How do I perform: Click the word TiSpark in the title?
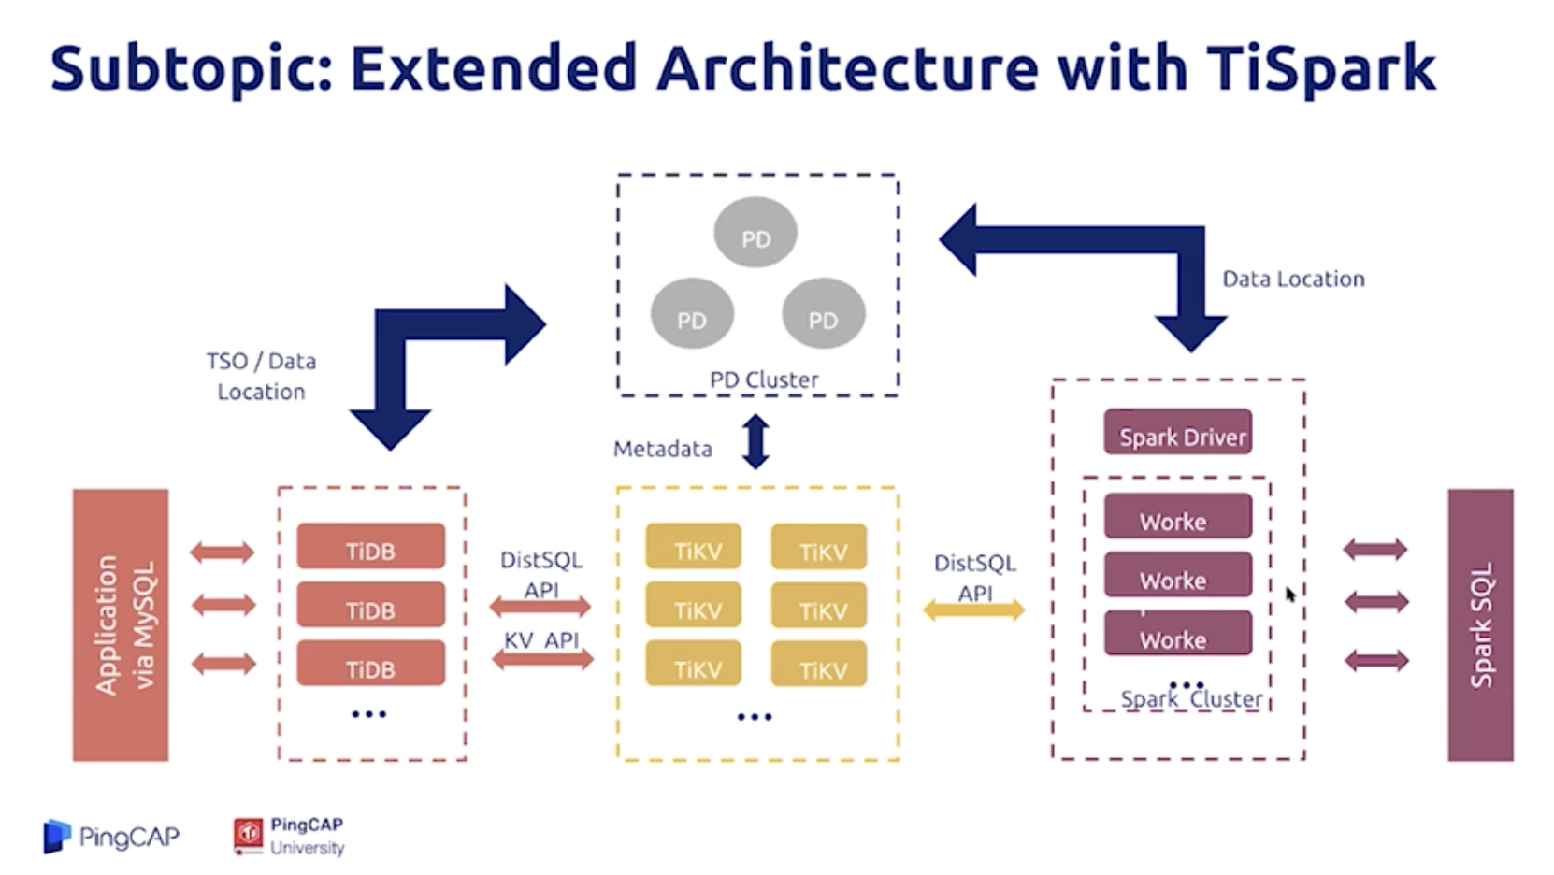click(x=1319, y=68)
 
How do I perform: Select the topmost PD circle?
click(x=755, y=233)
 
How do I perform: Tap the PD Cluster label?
click(x=763, y=380)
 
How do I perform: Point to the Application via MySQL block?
click(x=121, y=624)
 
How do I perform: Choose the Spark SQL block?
click(x=1479, y=624)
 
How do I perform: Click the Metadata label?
click(x=662, y=449)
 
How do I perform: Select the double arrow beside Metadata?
click(x=755, y=441)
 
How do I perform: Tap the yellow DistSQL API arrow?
click(x=973, y=611)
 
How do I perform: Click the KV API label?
click(x=541, y=640)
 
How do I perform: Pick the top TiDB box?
click(x=370, y=547)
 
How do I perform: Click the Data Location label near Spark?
click(x=1293, y=279)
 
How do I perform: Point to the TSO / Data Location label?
click(x=261, y=376)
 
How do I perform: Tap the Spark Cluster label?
click(x=1191, y=699)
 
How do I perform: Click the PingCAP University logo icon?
click(x=249, y=836)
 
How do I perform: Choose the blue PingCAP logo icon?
click(x=57, y=836)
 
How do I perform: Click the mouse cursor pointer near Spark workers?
click(x=1290, y=595)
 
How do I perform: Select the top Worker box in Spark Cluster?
click(x=1177, y=517)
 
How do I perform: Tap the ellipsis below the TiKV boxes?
click(x=755, y=717)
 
